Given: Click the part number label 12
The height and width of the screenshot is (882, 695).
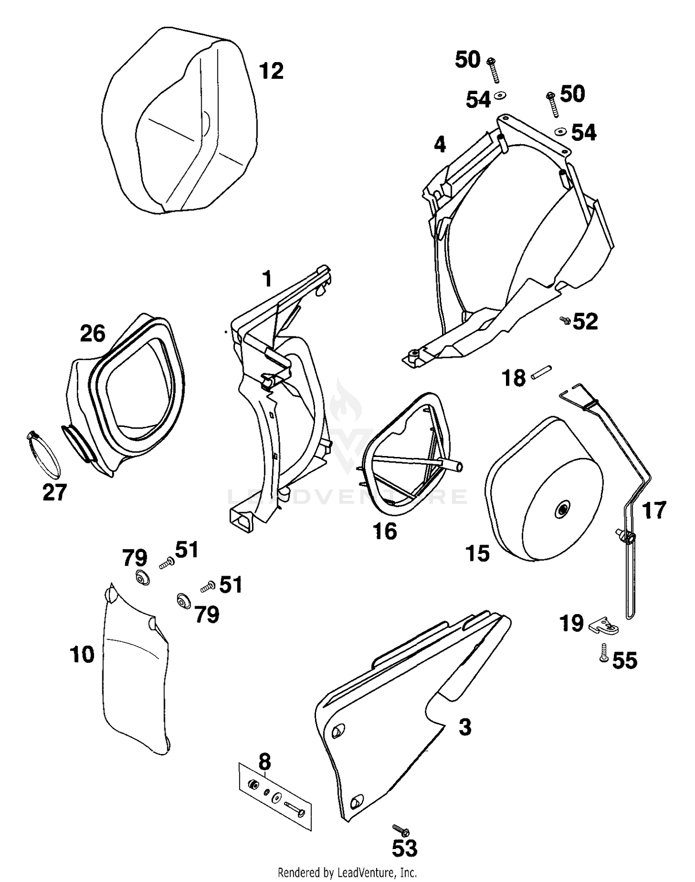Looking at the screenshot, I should coord(271,71).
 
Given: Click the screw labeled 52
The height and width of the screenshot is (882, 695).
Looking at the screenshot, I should coord(564,320).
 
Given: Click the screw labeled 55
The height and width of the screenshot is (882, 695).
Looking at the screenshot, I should coord(604,653).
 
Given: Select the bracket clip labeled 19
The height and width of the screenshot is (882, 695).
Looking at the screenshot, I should coord(605,626).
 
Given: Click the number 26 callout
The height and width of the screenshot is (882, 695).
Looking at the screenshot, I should coord(93,334).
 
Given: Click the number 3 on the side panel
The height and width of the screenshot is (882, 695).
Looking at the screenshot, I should coord(465,727).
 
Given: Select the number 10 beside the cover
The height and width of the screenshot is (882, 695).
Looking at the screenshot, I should coord(82,655).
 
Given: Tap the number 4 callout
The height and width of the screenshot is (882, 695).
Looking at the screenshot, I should coord(440,145).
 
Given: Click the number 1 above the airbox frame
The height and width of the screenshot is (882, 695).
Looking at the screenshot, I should coord(267,279).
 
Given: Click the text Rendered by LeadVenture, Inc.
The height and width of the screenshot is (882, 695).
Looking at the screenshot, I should coord(347,873).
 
